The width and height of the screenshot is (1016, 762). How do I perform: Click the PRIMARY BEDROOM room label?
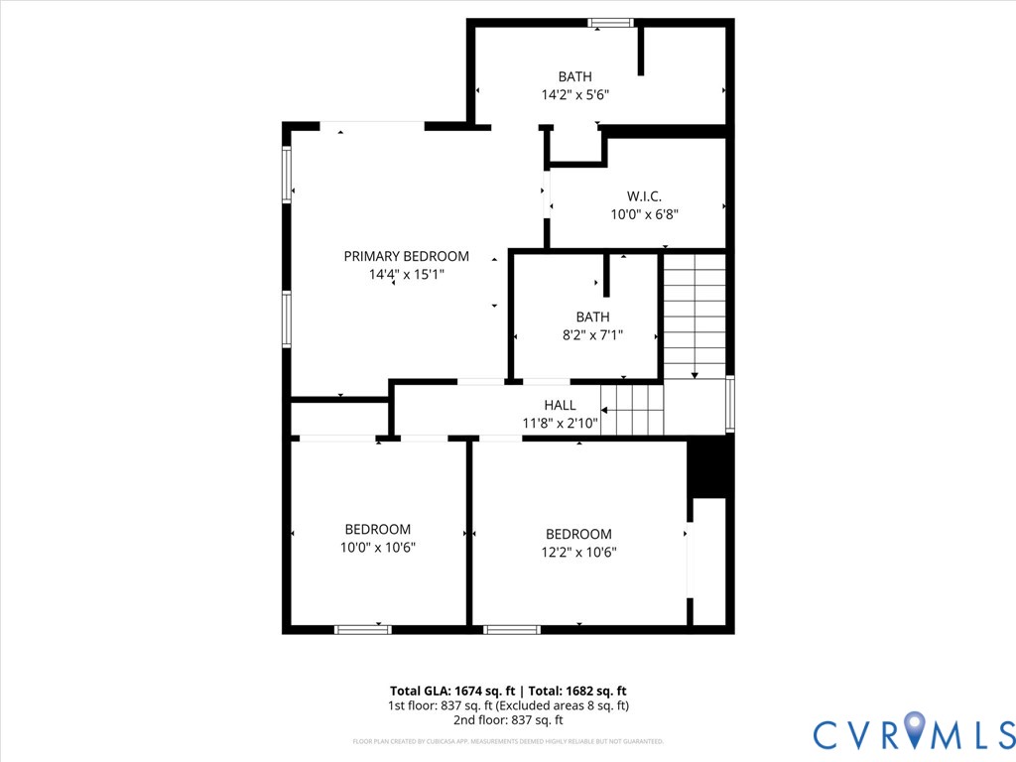tap(406, 256)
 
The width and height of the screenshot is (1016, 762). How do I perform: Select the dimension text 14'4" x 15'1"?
tap(406, 275)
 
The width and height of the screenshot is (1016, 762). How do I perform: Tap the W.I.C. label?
tap(644, 195)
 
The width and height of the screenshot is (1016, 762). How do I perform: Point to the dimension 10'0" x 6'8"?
tap(644, 213)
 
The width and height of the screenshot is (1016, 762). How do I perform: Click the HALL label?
tap(560, 405)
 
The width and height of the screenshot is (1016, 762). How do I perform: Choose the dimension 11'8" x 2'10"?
tap(560, 424)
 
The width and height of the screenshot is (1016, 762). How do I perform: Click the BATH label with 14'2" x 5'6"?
tap(574, 76)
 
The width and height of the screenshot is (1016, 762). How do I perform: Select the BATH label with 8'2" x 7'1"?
tap(592, 317)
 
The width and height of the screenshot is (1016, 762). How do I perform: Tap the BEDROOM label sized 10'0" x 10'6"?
tap(377, 529)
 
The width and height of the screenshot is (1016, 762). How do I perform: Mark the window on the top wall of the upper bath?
tap(610, 22)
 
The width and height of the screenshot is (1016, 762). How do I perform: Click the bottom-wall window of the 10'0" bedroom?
tap(362, 629)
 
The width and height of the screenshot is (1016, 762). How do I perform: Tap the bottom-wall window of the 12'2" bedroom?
tap(512, 629)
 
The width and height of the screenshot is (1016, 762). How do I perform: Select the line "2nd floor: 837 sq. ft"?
tap(508, 720)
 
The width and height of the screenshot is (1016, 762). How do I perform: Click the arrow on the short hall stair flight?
tap(607, 410)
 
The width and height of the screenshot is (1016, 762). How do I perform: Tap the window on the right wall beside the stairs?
tap(730, 404)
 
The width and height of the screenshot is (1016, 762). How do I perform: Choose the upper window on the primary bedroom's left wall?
tap(287, 175)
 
